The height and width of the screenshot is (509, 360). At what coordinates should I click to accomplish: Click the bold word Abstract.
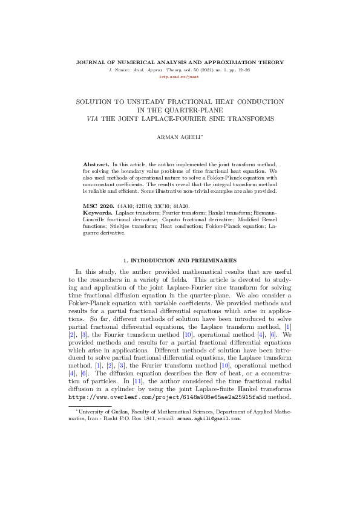click(x=95, y=164)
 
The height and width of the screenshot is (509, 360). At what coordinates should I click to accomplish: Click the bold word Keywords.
click(x=97, y=213)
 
